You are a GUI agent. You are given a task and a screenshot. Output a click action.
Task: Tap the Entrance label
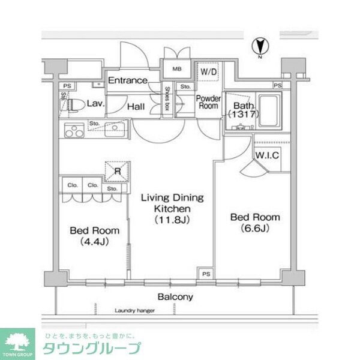pos(127,80)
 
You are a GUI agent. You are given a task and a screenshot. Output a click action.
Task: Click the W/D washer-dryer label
pos(209,72)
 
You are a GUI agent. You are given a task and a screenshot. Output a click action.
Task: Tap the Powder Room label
pos(209,102)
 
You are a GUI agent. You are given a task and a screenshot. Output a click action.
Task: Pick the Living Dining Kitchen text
pos(172,208)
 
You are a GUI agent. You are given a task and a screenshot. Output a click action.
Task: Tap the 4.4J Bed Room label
pos(94,235)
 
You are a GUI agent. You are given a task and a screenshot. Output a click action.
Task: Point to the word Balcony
pos(175,297)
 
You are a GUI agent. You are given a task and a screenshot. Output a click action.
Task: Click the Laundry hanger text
pos(134,311)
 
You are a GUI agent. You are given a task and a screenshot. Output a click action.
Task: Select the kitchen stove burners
pos(74,130)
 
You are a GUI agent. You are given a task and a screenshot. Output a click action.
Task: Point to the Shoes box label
pos(167,100)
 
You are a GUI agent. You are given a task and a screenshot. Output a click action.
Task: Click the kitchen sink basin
pos(112,128)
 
